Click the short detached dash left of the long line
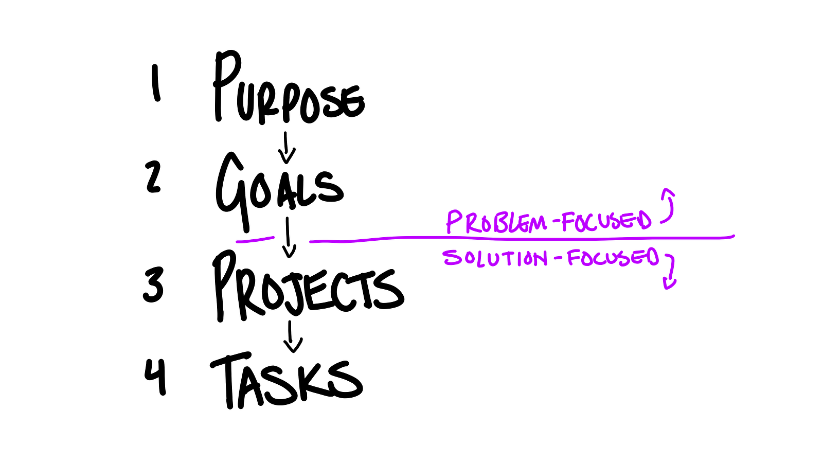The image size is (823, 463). (x=255, y=240)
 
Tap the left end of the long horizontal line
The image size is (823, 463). (x=311, y=241)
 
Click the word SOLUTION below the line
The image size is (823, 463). (x=495, y=258)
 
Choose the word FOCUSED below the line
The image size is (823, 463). (x=613, y=257)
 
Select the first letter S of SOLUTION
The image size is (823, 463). (x=451, y=258)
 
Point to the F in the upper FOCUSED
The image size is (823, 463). (x=567, y=222)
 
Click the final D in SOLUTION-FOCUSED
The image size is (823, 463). (x=653, y=257)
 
